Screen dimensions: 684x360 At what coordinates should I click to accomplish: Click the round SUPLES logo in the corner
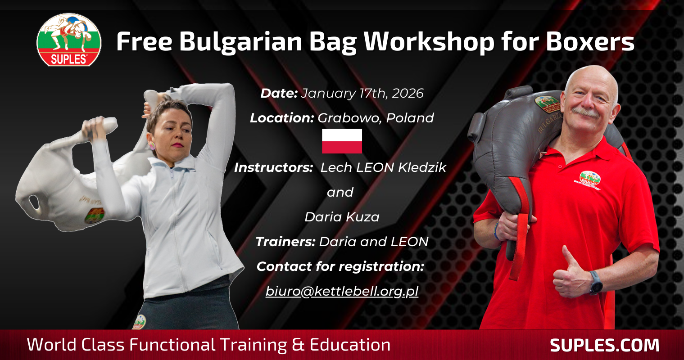click(69, 40)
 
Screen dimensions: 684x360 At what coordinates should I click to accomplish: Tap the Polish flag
click(342, 141)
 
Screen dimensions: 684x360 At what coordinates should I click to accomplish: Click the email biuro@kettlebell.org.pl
click(342, 291)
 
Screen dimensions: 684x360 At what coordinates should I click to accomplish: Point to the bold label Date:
click(279, 93)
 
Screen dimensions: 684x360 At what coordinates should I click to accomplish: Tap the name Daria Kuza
click(342, 217)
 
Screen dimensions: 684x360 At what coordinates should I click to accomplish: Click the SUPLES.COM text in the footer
click(605, 345)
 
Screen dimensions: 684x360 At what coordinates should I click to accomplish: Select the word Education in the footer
click(350, 345)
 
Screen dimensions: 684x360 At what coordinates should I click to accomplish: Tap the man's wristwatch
click(596, 283)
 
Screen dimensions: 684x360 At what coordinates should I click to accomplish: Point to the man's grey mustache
click(585, 112)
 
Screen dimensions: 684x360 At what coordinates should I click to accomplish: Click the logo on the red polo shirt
click(590, 180)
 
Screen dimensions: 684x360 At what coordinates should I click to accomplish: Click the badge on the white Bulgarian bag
click(95, 216)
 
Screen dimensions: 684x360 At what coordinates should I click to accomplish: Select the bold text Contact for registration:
click(340, 266)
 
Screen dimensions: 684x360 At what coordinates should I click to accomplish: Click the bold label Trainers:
click(285, 242)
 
